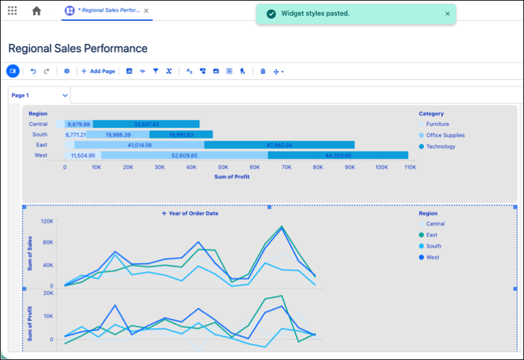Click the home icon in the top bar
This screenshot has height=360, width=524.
click(x=37, y=10)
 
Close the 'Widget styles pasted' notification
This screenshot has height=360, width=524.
click(x=448, y=14)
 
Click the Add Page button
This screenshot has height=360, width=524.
click(x=98, y=71)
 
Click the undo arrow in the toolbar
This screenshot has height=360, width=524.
click(x=33, y=71)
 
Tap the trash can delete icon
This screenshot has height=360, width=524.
click(x=263, y=71)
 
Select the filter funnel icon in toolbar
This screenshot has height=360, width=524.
click(x=156, y=71)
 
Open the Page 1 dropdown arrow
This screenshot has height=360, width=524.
click(x=65, y=95)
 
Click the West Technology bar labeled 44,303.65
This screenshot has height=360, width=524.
click(x=338, y=155)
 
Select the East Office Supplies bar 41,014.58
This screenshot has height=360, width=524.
click(x=139, y=145)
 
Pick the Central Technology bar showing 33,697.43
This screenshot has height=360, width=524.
click(x=146, y=124)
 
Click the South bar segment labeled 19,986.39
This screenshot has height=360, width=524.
click(x=118, y=135)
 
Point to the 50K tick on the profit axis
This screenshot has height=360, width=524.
click(x=223, y=167)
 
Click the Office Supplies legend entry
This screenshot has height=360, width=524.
click(x=442, y=135)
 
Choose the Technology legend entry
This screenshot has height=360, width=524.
click(x=437, y=146)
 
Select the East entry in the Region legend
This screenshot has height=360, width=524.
click(x=428, y=235)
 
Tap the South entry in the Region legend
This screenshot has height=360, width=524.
click(x=430, y=246)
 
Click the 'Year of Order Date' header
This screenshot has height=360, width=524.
click(x=190, y=213)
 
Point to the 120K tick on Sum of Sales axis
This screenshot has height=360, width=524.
click(x=47, y=221)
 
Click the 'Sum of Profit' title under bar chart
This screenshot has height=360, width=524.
click(x=232, y=177)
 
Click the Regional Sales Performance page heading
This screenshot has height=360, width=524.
click(x=78, y=48)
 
